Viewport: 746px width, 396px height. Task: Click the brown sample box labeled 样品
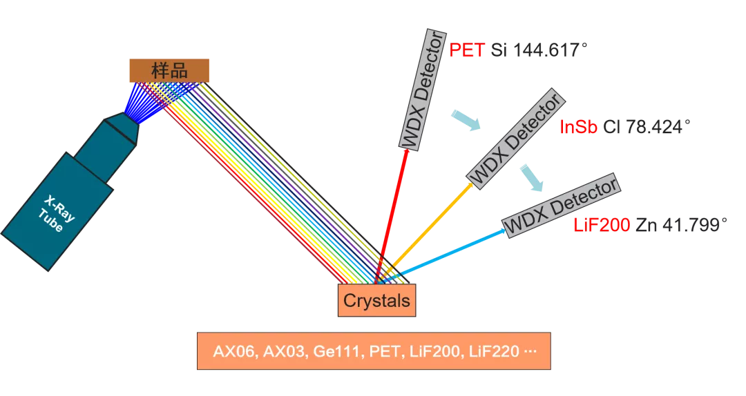coord(169,70)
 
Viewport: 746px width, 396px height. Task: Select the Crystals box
coord(376,301)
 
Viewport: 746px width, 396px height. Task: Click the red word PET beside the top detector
coord(467,51)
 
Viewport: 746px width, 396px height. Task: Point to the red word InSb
coord(579,127)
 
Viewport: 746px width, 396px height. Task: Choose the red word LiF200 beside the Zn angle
coord(601,225)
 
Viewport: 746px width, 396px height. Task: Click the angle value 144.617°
coord(550,51)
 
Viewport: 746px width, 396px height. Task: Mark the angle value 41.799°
coord(693,225)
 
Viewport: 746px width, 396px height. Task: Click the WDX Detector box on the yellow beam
coord(516,138)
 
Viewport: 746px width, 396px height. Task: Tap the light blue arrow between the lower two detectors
coord(532,177)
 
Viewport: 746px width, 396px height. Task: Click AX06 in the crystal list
coord(233,352)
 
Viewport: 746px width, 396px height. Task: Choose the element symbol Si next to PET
coord(499,51)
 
